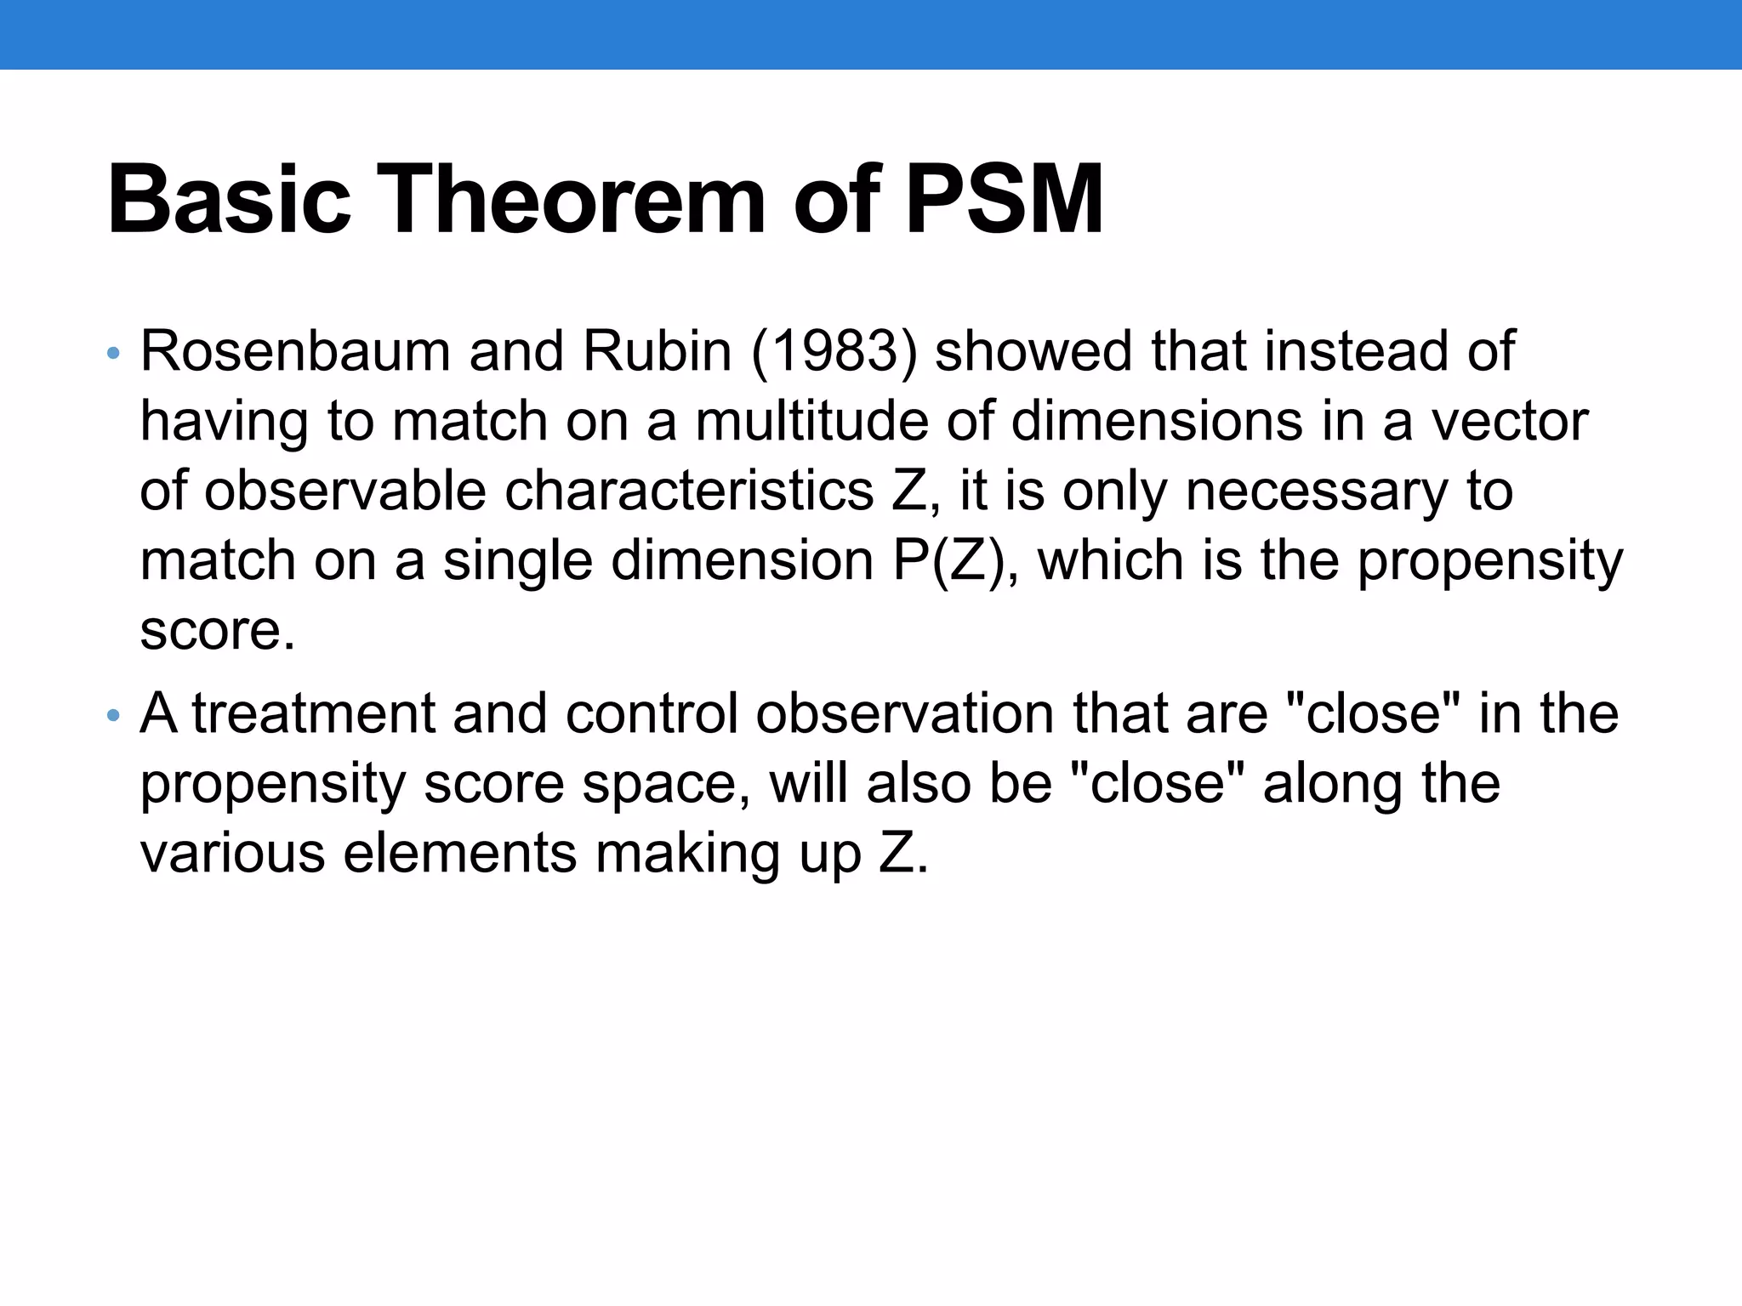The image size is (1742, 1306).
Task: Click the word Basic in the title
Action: [x=228, y=201]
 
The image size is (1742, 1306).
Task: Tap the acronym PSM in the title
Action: [x=1004, y=201]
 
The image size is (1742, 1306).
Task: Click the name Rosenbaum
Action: [x=294, y=350]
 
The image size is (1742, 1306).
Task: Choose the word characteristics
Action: [x=689, y=491]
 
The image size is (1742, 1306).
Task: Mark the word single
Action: [x=517, y=561]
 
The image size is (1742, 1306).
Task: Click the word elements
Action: [x=460, y=853]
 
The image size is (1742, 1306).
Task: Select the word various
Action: [x=232, y=853]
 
